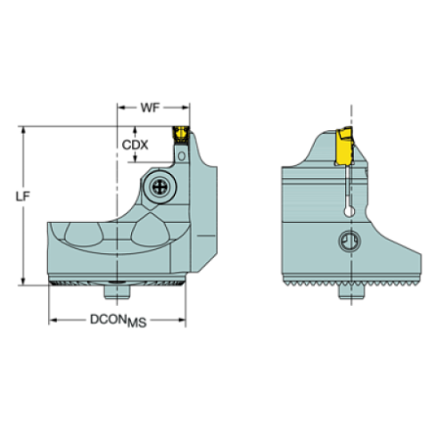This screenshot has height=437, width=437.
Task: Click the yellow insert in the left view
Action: point(179,133)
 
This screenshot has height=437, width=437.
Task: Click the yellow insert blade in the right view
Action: point(342,147)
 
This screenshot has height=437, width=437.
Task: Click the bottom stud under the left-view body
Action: point(114,290)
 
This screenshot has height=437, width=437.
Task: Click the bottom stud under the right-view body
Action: point(356,290)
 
